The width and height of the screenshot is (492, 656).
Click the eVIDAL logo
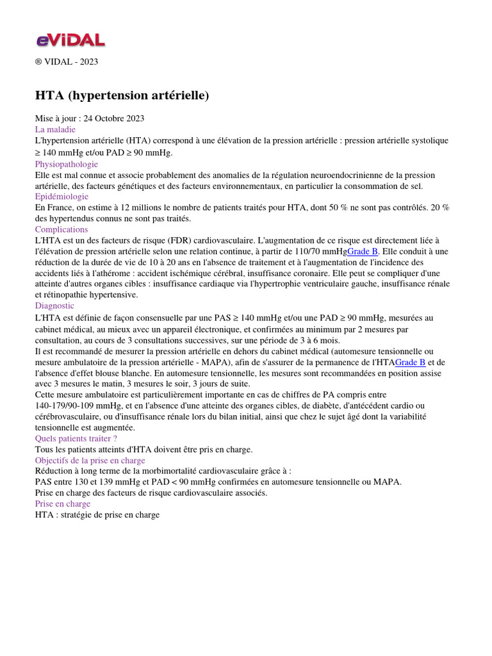[x=70, y=40]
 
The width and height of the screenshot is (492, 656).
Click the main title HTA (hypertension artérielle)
[x=122, y=95]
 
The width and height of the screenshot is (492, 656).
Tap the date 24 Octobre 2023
[x=114, y=118]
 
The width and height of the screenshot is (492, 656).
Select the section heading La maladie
[x=55, y=129]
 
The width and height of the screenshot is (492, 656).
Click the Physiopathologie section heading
[x=66, y=164]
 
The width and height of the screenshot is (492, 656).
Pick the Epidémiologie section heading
[x=61, y=197]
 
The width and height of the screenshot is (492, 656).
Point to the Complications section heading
[x=61, y=229]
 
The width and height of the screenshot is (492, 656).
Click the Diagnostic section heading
[x=54, y=306]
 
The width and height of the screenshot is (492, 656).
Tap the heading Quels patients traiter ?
[x=76, y=438]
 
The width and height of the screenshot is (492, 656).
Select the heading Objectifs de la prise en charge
[x=90, y=460]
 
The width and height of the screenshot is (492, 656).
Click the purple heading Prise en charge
[x=63, y=504]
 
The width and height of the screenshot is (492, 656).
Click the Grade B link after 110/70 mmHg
[x=363, y=251]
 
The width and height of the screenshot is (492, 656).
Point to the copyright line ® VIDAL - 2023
[x=67, y=61]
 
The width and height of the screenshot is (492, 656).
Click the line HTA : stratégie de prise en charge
[x=97, y=514]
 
